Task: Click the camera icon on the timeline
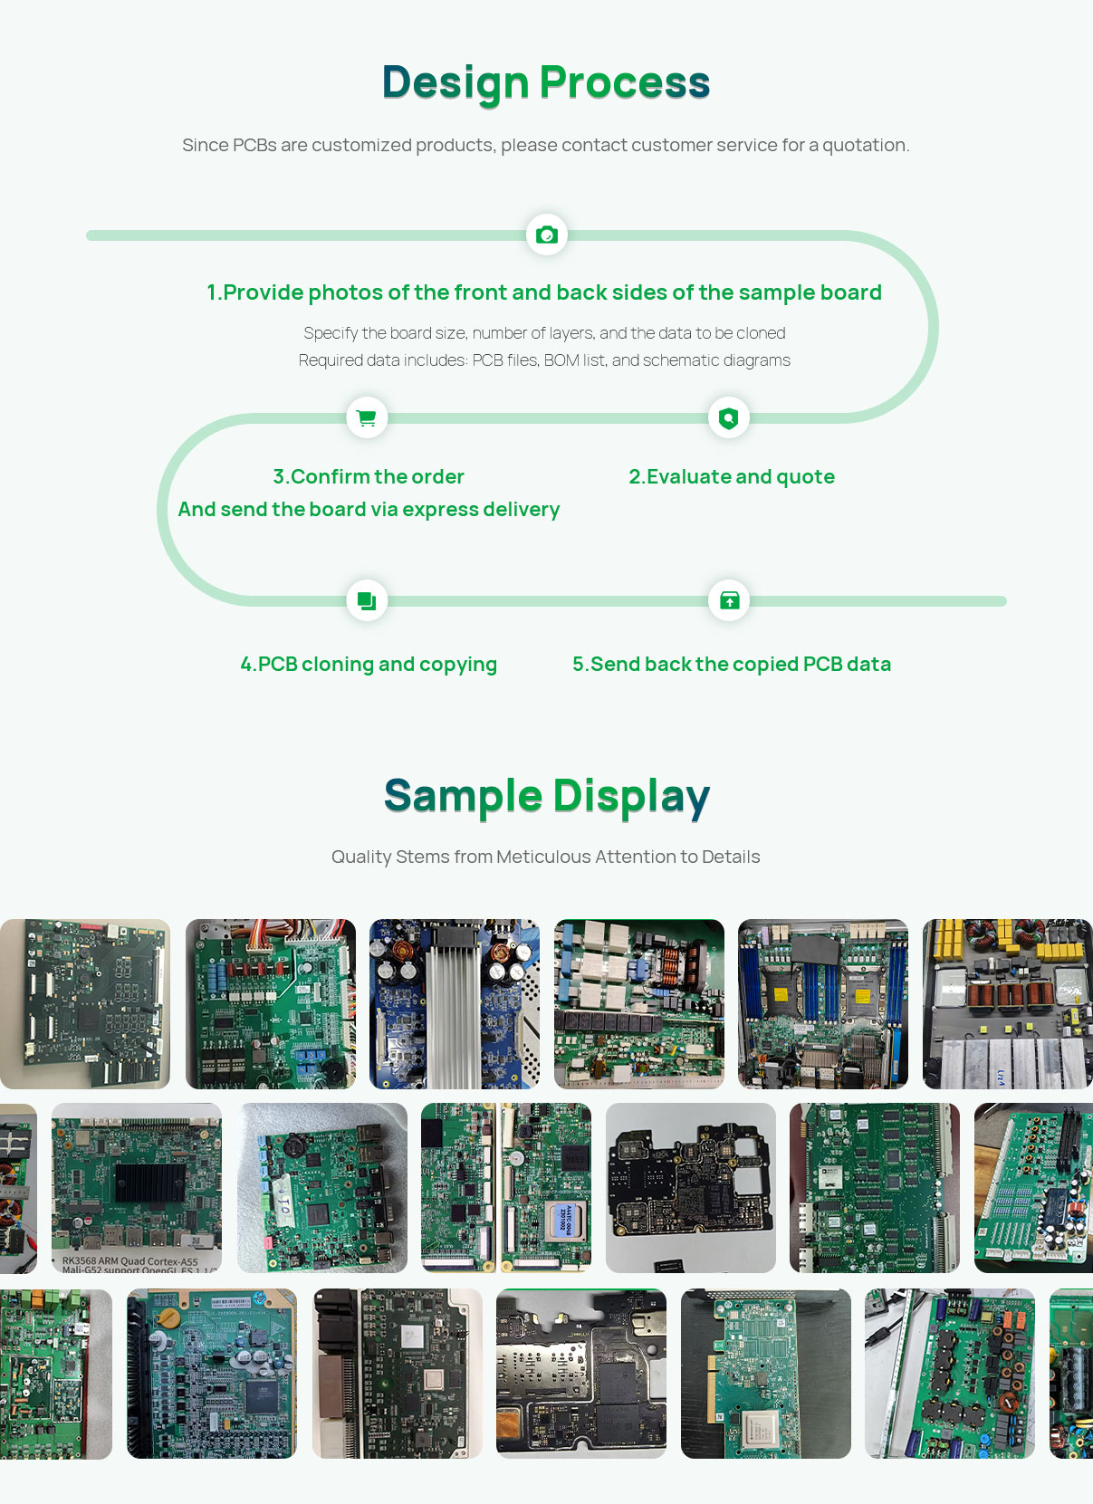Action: pyautogui.click(x=547, y=235)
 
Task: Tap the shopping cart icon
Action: pyautogui.click(x=367, y=417)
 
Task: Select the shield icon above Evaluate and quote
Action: pyautogui.click(x=729, y=417)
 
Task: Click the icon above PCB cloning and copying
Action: pyautogui.click(x=367, y=600)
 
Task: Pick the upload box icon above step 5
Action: pyautogui.click(x=729, y=600)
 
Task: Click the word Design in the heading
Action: pyautogui.click(x=455, y=83)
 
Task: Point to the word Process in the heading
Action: pyautogui.click(x=625, y=83)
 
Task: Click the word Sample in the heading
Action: pyautogui.click(x=463, y=797)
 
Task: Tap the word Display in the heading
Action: pyautogui.click(x=631, y=797)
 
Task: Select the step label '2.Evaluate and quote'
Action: pyautogui.click(x=732, y=477)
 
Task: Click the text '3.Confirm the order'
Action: pyautogui.click(x=369, y=477)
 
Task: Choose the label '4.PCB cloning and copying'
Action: pyautogui.click(x=369, y=665)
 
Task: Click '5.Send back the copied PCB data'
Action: pyautogui.click(x=732, y=665)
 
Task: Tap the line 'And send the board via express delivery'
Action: pyautogui.click(x=369, y=510)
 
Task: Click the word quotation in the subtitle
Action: pyautogui.click(x=864, y=146)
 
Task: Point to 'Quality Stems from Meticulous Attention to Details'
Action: pyautogui.click(x=545, y=857)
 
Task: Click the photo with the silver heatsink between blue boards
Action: pyautogui.click(x=455, y=1004)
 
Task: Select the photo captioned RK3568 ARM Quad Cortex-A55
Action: pyautogui.click(x=137, y=1187)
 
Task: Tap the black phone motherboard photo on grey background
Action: pyautogui.click(x=691, y=1187)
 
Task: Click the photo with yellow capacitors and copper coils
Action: pyautogui.click(x=1007, y=1004)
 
